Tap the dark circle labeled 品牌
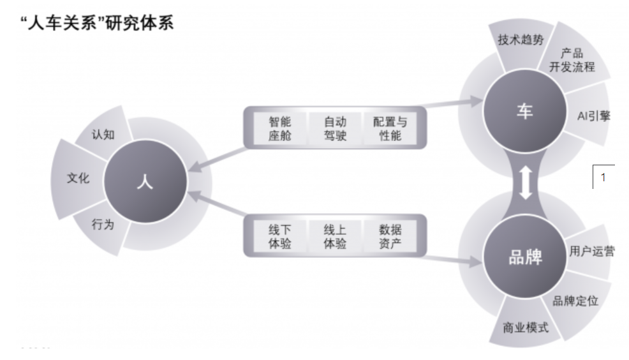tap(524, 258)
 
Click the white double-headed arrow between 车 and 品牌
tap(524, 184)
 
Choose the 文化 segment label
tap(78, 178)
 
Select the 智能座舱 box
tap(279, 128)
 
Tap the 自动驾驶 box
tap(335, 128)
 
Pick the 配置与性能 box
tap(390, 128)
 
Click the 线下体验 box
tap(279, 237)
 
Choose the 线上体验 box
tap(335, 237)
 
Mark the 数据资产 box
tap(390, 237)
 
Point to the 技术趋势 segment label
tap(520, 40)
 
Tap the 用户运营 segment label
tap(592, 251)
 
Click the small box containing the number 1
tap(603, 177)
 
